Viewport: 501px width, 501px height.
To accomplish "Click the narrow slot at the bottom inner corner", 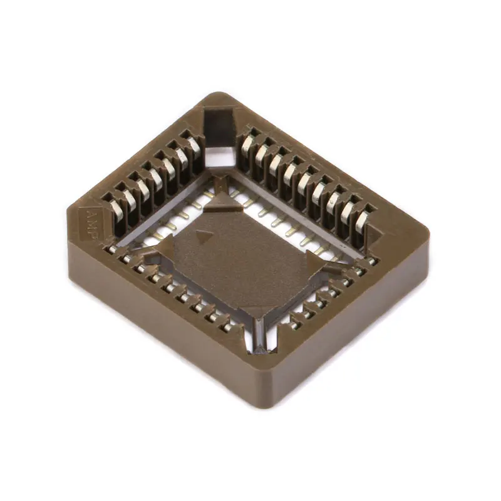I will click(x=258, y=338).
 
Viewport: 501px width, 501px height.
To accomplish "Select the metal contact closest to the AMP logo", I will click(x=113, y=207).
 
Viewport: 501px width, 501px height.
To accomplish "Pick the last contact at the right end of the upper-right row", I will click(x=362, y=220).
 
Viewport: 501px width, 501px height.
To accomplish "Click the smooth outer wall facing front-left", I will click(x=157, y=319).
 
